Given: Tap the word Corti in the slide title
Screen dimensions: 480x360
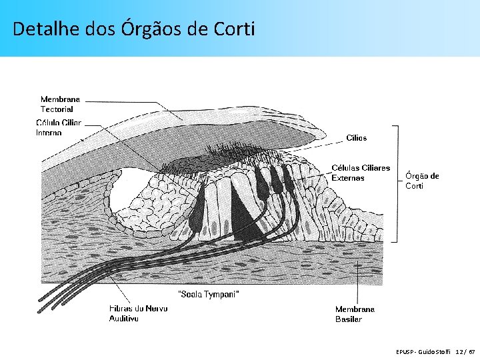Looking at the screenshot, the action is coord(235,29).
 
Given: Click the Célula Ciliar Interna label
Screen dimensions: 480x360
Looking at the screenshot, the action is coord(59,127).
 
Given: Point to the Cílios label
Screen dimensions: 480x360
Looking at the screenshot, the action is coord(356,138).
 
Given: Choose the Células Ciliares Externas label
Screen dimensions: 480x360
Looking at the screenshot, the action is coord(361,173).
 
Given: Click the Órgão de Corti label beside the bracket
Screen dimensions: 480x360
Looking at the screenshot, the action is coord(422,181).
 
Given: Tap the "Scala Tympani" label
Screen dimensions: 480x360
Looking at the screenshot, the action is coord(209,294).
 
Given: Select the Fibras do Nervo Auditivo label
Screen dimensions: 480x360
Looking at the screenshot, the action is coord(139,313).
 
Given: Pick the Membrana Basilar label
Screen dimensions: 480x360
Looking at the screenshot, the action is coord(355,314).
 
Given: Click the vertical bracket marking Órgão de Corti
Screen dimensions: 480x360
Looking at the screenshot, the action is coord(397,183).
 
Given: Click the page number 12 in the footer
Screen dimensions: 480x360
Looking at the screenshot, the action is coord(460,351).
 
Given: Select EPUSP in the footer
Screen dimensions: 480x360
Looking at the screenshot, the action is coord(405,351).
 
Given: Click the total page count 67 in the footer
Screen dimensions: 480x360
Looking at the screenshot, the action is coord(473,351).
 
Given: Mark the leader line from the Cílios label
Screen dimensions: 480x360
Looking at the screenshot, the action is coord(327,143).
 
